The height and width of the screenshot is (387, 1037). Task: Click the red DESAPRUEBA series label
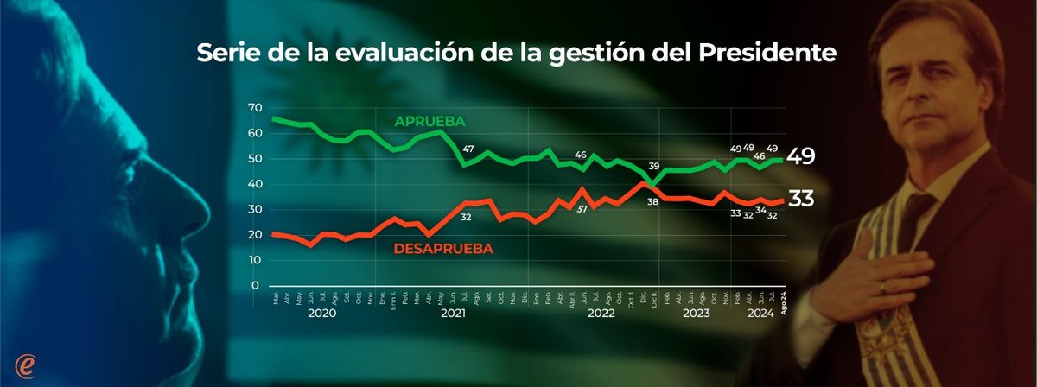pos(443,249)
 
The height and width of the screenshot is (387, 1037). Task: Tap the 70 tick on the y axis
pos(254,108)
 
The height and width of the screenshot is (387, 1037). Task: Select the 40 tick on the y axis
pos(254,184)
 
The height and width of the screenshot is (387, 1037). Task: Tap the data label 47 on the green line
pos(468,150)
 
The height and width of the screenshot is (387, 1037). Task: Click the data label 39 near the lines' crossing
pos(654,167)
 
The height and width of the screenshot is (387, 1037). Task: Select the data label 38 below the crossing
pos(653,201)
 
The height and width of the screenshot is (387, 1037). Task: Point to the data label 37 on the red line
pos(582,209)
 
